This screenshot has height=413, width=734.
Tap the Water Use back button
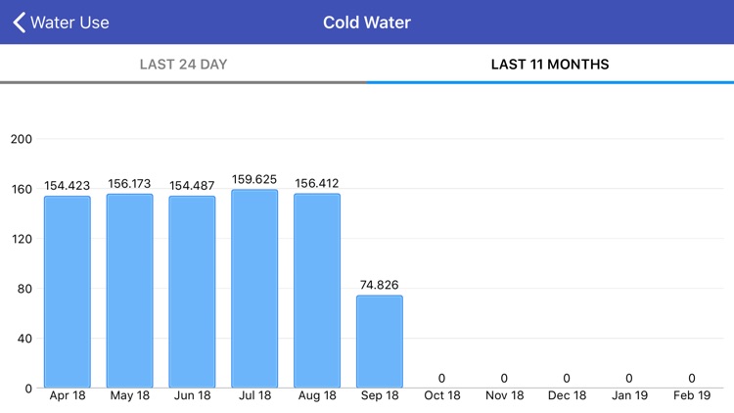(61, 22)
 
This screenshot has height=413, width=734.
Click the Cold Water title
(367, 22)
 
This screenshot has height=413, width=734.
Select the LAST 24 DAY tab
(183, 65)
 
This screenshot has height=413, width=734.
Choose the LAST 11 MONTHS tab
(550, 65)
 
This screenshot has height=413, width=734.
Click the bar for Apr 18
(68, 292)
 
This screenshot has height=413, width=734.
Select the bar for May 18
(130, 291)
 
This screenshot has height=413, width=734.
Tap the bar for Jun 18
(192, 292)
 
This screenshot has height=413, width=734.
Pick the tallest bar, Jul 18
(254, 289)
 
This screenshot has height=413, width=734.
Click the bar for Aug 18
(317, 291)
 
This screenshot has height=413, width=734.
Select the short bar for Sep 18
(380, 342)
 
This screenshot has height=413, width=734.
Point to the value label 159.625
(254, 179)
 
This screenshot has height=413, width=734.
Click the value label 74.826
(380, 285)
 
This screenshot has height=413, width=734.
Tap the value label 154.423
(68, 186)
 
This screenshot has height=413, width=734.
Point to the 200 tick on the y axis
(22, 139)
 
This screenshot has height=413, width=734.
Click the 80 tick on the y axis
(24, 289)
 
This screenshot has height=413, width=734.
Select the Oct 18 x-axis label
(442, 395)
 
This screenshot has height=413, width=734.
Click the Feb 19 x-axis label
(692, 395)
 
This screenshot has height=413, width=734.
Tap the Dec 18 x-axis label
(567, 395)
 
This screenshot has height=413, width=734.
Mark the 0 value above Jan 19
(629, 378)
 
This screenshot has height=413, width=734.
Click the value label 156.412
(317, 183)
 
